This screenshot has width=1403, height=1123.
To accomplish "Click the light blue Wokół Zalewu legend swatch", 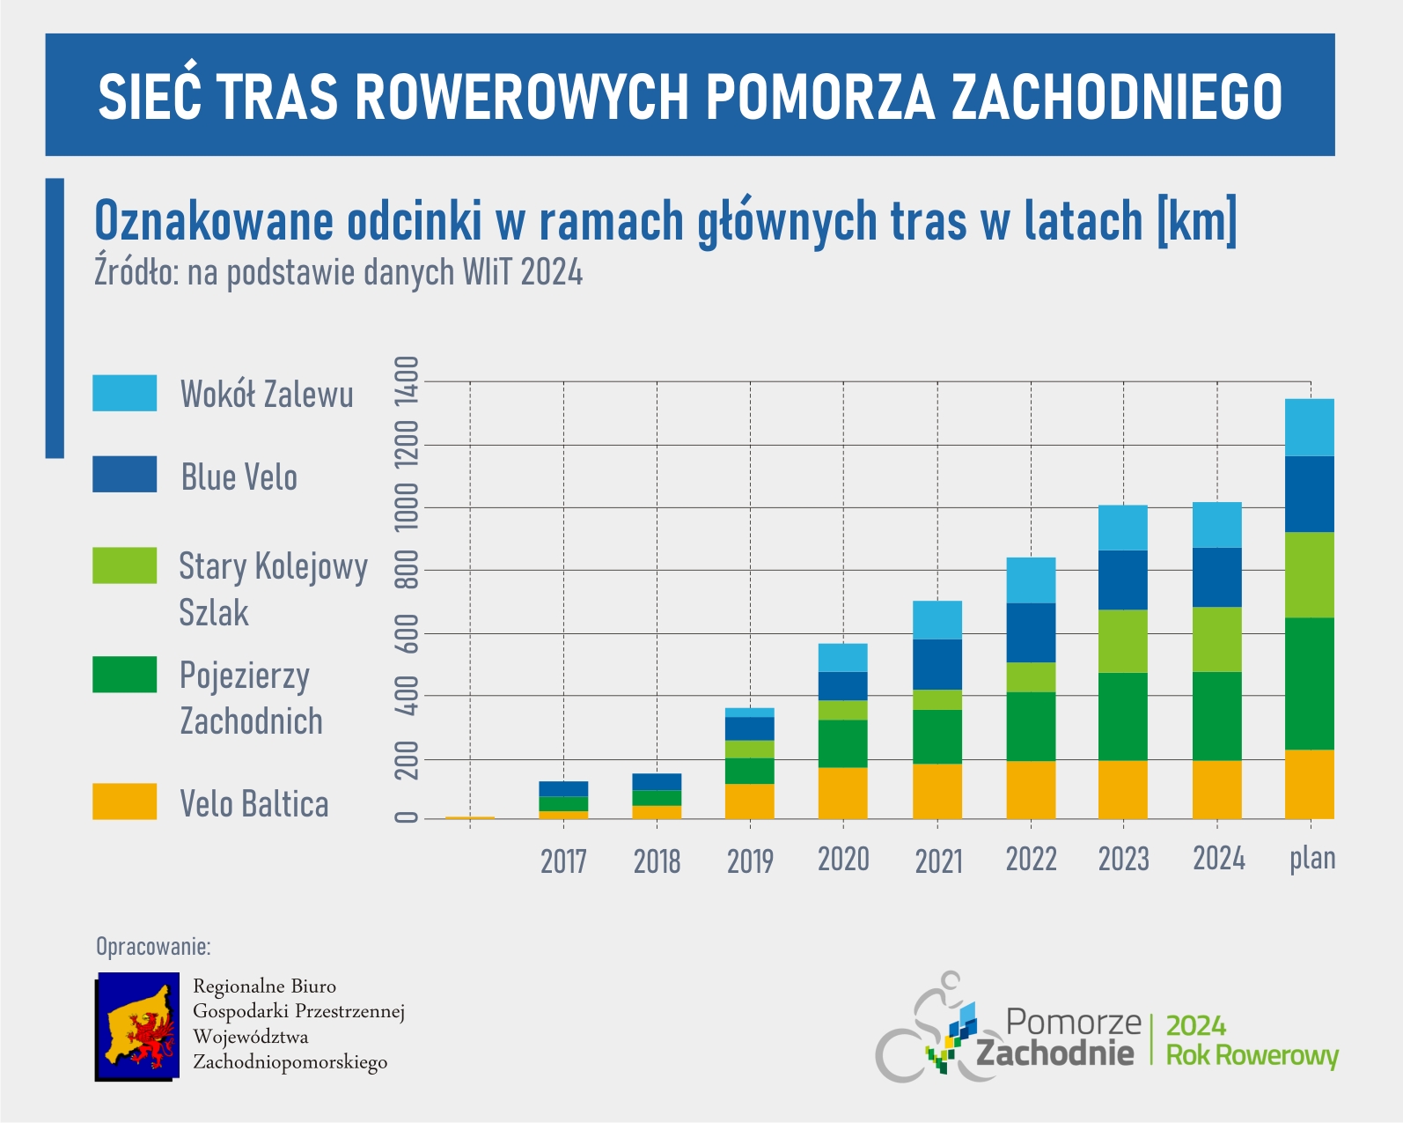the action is pos(124,393).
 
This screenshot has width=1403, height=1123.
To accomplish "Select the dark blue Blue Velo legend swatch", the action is pos(124,474).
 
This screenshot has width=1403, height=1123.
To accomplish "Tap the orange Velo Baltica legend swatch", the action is pos(124,802).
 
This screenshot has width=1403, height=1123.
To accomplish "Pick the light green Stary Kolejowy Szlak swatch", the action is pos(124,565).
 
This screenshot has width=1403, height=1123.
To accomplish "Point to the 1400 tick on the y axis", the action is pos(406,381).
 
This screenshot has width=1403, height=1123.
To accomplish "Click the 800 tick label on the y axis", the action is pos(406,570).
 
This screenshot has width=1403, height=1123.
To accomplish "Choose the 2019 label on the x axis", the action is pos(751,861).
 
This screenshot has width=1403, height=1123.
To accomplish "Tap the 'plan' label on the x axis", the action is pos(1312,860).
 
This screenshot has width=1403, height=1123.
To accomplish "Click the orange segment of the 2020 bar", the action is pos(843,793).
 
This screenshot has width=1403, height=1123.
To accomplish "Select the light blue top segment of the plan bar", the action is pos(1310,427).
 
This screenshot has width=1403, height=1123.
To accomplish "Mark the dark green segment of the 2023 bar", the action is pos(1122,716).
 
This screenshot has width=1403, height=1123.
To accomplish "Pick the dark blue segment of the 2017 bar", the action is pos(563,789).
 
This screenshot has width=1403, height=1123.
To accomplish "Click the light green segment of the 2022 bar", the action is pos(1031,677).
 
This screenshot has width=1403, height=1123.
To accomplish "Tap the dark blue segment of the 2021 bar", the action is pos(937,664).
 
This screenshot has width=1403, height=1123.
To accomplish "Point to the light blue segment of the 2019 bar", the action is pos(750,713).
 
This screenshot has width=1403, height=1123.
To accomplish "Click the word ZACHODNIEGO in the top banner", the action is pos(1116,97).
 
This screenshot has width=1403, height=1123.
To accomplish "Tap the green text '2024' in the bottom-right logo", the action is pos(1195,1026).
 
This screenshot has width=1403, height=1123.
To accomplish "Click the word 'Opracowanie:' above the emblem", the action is pos(153,946).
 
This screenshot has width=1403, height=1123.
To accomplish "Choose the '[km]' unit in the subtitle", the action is pos(1196,220).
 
